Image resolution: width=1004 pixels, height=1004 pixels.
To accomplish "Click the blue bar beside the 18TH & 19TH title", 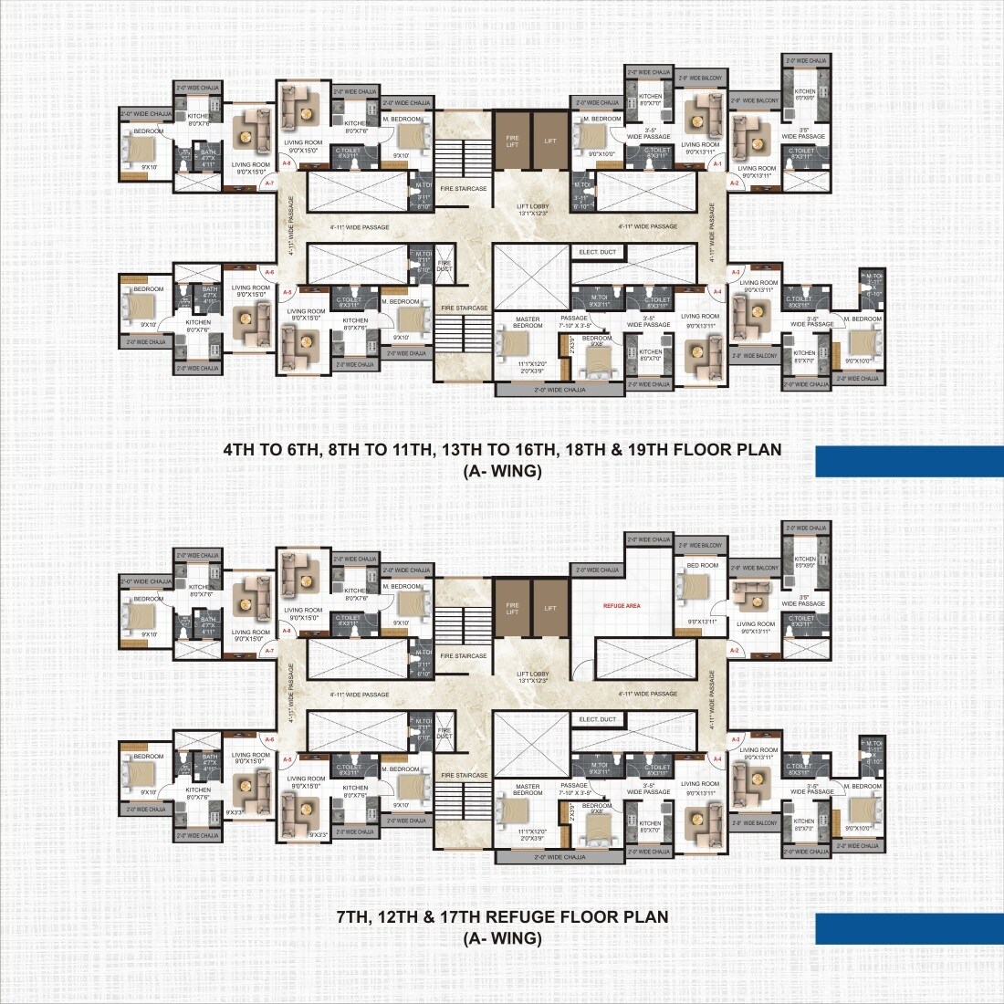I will point(908,461).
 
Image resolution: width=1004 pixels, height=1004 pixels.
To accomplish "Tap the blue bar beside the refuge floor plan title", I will point(908,928).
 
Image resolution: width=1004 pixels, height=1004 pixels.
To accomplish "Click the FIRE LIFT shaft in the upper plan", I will point(512,141).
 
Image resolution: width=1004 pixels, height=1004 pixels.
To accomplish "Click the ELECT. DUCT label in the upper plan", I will point(597,252).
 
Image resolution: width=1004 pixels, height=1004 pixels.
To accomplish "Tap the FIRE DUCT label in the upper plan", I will point(444,266).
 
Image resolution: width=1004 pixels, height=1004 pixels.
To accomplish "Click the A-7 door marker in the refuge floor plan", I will point(269,651).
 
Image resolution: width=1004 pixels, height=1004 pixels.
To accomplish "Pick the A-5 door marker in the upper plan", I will point(287,292).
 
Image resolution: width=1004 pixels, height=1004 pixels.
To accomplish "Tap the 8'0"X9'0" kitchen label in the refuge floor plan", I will point(805,567).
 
